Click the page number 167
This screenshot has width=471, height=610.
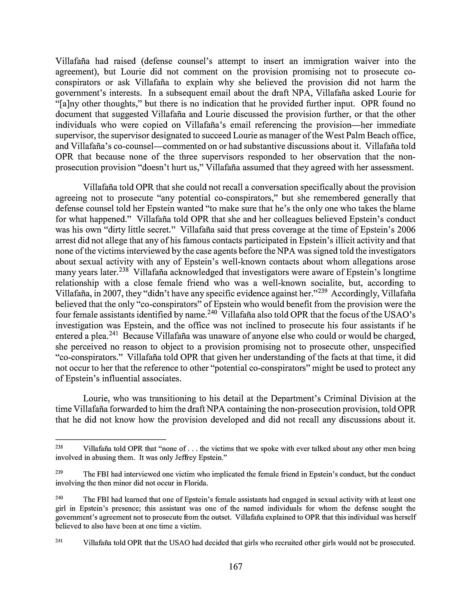(235, 566)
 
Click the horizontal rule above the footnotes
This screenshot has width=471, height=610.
(111, 439)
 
